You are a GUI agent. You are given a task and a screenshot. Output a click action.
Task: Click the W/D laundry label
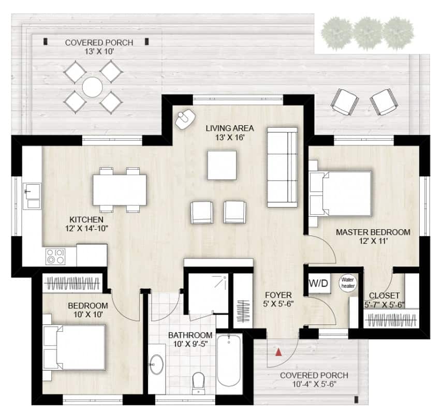(318, 283)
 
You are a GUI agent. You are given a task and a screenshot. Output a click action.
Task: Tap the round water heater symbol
(348, 283)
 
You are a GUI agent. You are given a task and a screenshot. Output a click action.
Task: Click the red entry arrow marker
(278, 352)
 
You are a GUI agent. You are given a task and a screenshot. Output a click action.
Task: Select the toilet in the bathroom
(198, 383)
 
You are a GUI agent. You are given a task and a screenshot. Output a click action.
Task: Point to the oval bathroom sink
(156, 364)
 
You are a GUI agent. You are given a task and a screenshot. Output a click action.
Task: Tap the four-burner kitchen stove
(55, 256)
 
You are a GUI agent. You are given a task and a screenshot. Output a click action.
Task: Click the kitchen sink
(32, 196)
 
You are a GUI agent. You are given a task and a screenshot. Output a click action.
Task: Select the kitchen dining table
(120, 190)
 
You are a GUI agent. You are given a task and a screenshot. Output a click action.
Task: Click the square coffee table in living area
(222, 165)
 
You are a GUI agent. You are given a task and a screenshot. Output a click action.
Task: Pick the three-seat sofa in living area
(282, 167)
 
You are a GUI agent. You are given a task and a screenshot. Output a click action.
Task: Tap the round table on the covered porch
(93, 87)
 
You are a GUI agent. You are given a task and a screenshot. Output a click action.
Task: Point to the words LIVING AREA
(230, 128)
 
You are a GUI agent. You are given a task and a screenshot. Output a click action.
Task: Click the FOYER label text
(278, 295)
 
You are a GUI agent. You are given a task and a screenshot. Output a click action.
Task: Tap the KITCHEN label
(86, 219)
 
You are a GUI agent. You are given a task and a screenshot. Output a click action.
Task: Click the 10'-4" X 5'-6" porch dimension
(314, 384)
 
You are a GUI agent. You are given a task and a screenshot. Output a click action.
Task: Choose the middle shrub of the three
(367, 33)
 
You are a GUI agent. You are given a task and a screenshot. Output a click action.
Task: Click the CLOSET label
(384, 295)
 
